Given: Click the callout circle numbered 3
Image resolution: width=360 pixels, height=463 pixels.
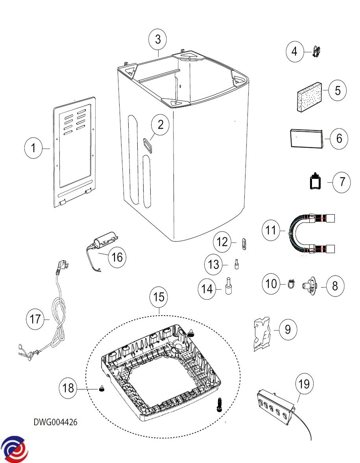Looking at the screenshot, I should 158,39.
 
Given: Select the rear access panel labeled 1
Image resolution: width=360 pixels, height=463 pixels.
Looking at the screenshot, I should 75,151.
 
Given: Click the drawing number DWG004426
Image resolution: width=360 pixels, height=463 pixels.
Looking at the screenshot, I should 55,422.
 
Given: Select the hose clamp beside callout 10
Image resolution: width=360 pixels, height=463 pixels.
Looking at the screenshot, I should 290,284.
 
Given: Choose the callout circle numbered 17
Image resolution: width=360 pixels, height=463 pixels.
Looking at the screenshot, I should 36,319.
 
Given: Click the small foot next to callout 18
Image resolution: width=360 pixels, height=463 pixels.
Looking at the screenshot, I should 102,389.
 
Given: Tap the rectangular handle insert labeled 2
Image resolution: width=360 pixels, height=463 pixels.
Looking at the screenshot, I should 149,145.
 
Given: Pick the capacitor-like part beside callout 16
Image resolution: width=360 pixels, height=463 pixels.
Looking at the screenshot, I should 104,239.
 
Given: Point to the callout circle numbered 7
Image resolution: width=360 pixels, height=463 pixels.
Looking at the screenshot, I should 342,182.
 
